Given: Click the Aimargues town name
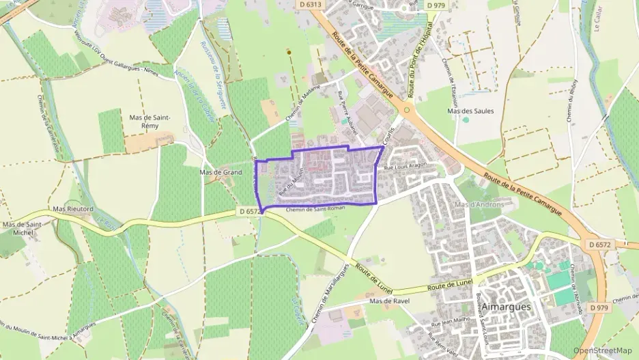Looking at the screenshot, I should [506, 307].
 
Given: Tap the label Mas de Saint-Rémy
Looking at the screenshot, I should [150, 122].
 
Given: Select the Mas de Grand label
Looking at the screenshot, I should [221, 172].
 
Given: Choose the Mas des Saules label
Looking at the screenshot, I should [470, 110].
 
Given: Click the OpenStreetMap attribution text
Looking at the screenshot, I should [603, 350].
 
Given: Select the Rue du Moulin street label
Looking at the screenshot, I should [290, 183].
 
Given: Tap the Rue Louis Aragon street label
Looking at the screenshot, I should [406, 166].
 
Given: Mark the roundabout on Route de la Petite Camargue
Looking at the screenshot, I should [407, 109].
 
